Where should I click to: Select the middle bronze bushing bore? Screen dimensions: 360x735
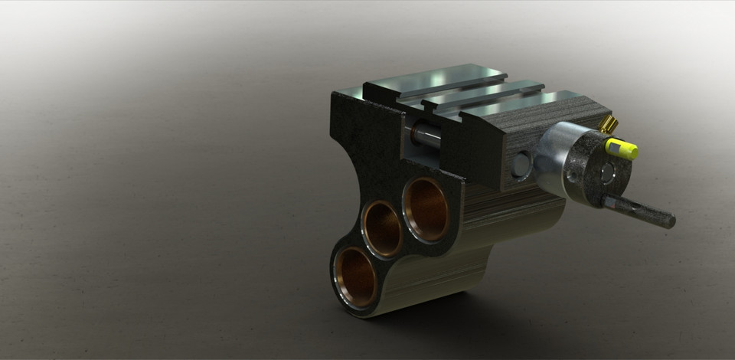(x=383, y=228)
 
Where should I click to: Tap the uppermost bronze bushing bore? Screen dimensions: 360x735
(x=426, y=208)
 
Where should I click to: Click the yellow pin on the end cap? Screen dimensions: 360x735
(x=621, y=149)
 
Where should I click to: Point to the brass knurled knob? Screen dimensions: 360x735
(x=608, y=124)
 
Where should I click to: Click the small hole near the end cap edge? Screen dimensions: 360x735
(x=573, y=176)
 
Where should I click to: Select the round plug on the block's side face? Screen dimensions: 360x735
(x=521, y=164)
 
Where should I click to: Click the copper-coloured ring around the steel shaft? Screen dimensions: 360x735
(x=414, y=133)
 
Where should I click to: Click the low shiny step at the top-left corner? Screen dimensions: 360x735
(x=349, y=93)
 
